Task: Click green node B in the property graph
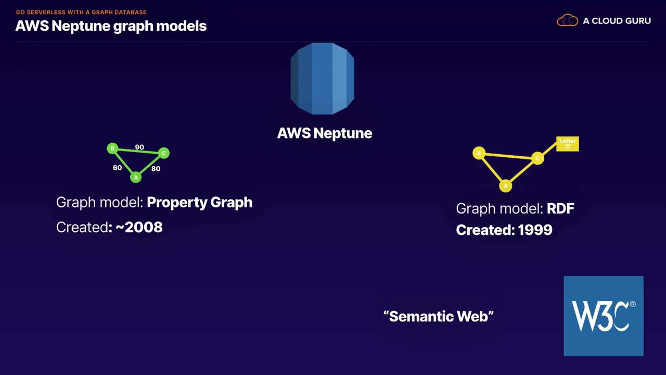point(112,149)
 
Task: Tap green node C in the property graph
point(163,153)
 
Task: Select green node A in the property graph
point(136,177)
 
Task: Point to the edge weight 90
point(139,147)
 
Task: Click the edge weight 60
point(117,168)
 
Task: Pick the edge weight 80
point(156,169)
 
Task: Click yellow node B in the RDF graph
point(479,153)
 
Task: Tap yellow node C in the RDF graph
point(537,158)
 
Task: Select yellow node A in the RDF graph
point(505,185)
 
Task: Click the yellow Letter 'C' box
point(567,144)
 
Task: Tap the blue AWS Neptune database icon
point(322,79)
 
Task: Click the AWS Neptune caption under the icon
point(325,133)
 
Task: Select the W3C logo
point(604,316)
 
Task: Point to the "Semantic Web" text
point(439,316)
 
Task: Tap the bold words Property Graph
point(199,202)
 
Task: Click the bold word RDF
point(560,209)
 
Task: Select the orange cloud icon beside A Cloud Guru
point(567,21)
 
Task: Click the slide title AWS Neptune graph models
point(111,26)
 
